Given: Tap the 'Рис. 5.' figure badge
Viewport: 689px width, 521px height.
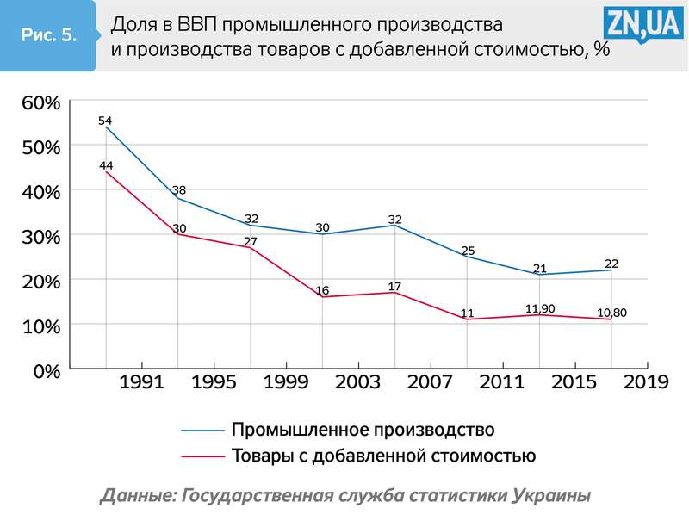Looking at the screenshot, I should (x=48, y=35).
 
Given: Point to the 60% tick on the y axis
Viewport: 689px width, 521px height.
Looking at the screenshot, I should (x=41, y=102).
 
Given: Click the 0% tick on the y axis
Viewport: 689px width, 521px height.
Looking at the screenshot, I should (x=46, y=371).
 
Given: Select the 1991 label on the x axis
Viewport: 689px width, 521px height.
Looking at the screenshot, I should (x=142, y=382).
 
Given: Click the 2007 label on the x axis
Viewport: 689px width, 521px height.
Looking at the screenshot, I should (x=431, y=382).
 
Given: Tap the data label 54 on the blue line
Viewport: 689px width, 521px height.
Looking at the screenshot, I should (x=105, y=121).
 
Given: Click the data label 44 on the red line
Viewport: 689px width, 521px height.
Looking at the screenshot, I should (x=106, y=165).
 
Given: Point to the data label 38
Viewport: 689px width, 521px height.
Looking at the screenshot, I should (x=178, y=190).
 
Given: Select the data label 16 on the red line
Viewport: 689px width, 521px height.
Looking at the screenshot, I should (x=323, y=290).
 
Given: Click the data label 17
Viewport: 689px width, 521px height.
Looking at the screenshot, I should (x=394, y=286).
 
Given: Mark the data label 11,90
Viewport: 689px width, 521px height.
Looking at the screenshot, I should (x=541, y=308).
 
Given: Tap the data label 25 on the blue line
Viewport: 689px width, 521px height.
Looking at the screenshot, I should (x=468, y=251).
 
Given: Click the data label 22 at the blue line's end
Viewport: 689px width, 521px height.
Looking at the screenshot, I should (x=611, y=263).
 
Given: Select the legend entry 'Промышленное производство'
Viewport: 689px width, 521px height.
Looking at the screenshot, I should (x=362, y=428).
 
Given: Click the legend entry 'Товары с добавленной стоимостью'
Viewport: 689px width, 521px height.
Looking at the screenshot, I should (x=383, y=455).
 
